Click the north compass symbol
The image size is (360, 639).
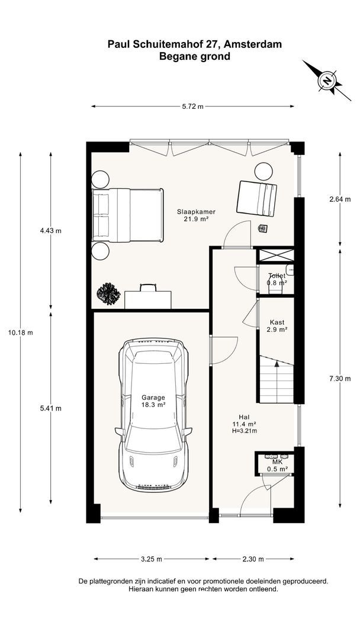coord(327,80)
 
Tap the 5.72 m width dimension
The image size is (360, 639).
coord(192,106)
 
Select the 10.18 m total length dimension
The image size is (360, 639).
coord(20,332)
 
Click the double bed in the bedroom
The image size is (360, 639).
coord(127,215)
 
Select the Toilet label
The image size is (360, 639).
coord(277,276)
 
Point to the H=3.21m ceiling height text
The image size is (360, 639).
coord(244,430)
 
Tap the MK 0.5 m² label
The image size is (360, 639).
coord(277,466)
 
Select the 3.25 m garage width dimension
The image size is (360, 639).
coord(152,559)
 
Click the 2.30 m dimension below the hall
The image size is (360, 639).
coord(253,559)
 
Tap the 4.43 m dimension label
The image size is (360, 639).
coord(50,231)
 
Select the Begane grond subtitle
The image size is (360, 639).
coord(194,57)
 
